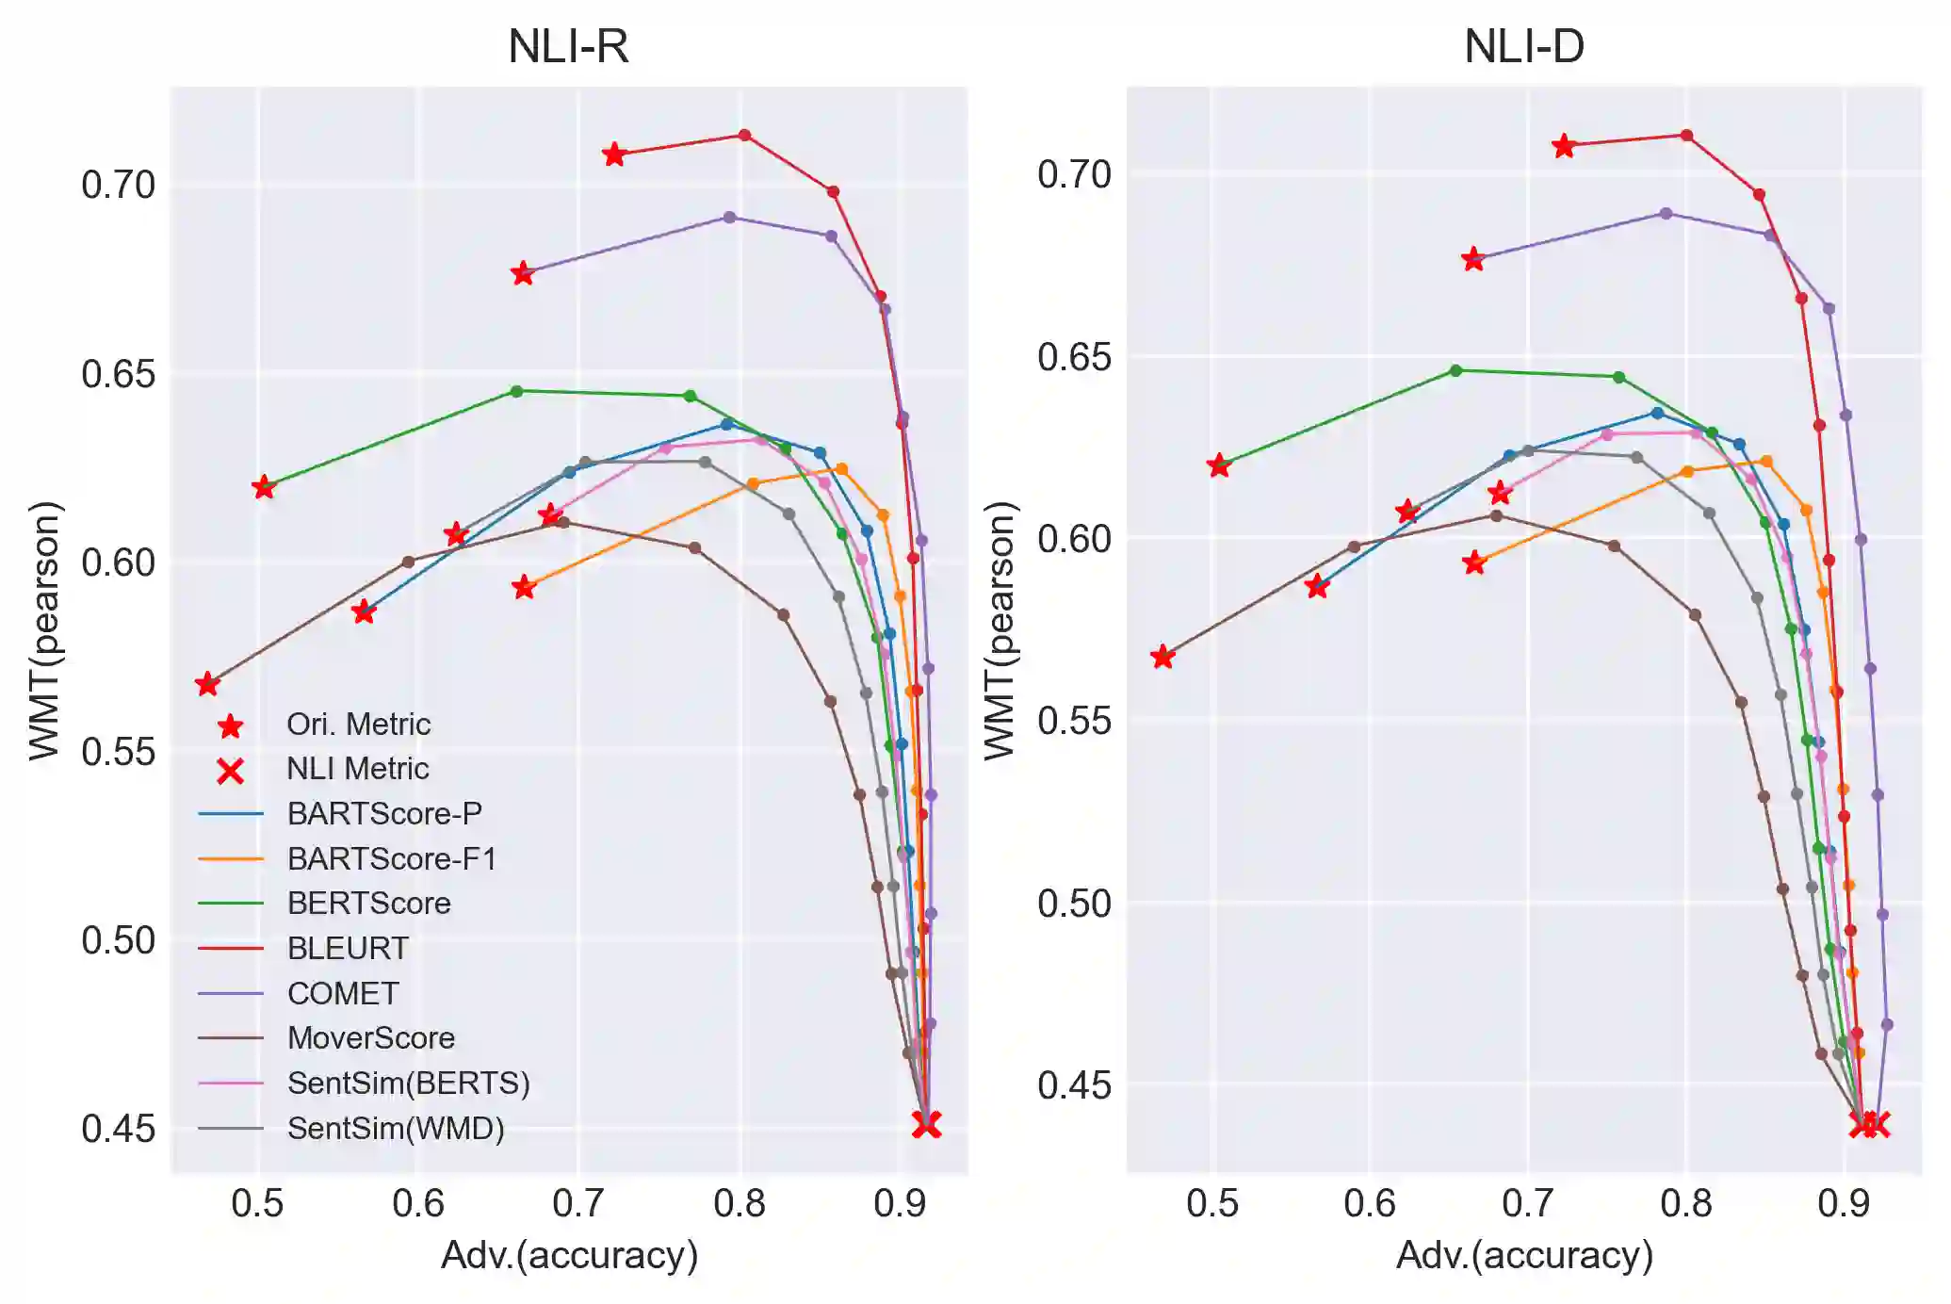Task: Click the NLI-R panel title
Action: (x=568, y=45)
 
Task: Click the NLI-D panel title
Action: (x=1523, y=45)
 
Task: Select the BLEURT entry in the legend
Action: (x=348, y=948)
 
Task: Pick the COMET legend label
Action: (x=343, y=993)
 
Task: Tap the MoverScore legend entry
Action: (x=371, y=1037)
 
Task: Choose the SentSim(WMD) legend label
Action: (x=396, y=1128)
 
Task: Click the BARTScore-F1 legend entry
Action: (x=392, y=858)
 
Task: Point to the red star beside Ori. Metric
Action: (x=230, y=725)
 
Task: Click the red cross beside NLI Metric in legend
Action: (x=230, y=772)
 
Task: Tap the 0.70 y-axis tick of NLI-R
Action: (x=118, y=185)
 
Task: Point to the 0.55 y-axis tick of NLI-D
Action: (x=1074, y=721)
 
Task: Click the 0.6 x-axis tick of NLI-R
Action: (x=418, y=1203)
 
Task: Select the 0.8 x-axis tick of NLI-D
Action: (x=1686, y=1203)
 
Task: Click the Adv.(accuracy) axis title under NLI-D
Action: (x=1524, y=1255)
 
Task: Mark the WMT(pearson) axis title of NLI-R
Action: (x=45, y=629)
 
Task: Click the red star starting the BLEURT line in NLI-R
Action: (x=614, y=155)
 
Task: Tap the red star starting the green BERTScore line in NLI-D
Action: (x=1219, y=465)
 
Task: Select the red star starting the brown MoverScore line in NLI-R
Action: (x=207, y=684)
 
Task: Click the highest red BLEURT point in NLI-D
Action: (x=1686, y=136)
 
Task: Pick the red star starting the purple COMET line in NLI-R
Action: (x=523, y=273)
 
